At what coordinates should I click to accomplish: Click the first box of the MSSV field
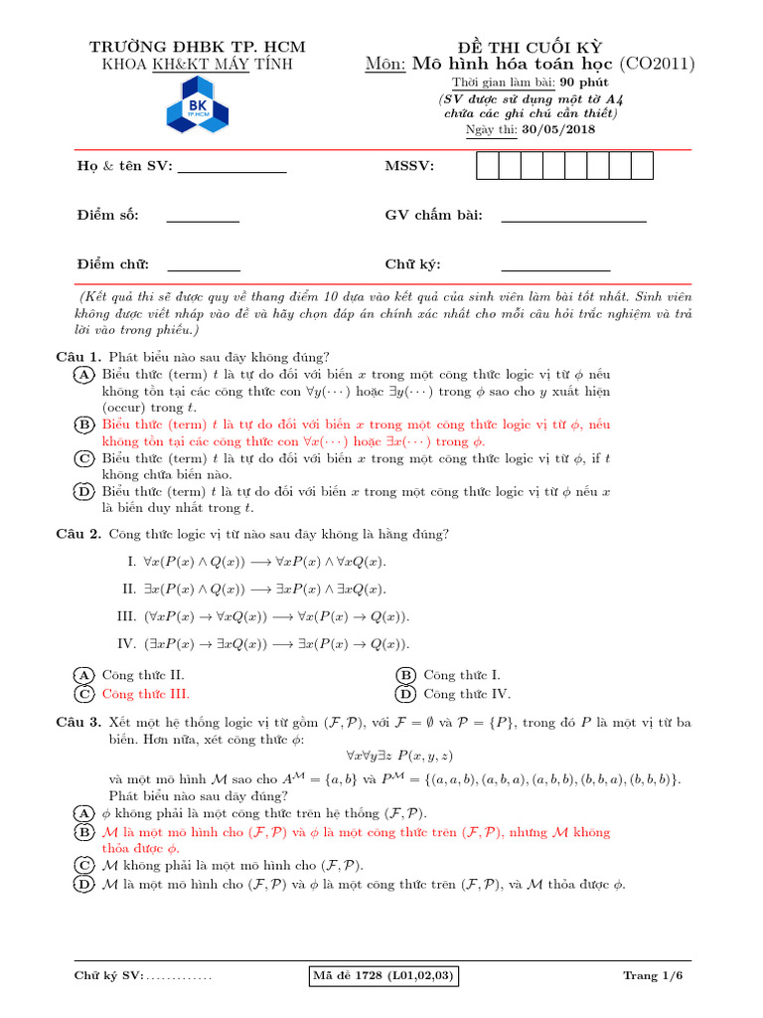pos(487,166)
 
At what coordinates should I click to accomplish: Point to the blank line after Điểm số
pos(209,220)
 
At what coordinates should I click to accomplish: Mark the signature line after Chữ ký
pos(555,268)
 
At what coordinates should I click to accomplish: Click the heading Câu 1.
pos(77,357)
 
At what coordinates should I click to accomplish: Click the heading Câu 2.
pos(77,535)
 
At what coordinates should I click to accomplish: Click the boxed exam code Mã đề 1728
pos(383,976)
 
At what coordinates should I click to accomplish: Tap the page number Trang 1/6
pos(653,976)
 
